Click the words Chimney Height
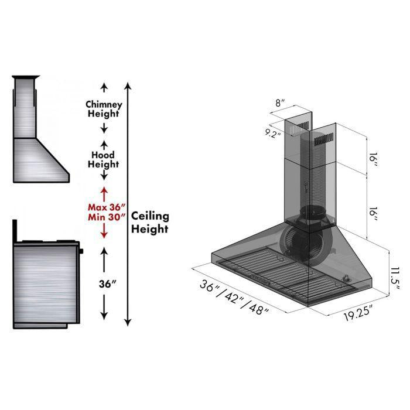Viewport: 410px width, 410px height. pyautogui.click(x=104, y=109)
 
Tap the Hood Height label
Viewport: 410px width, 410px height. pyautogui.click(x=104, y=159)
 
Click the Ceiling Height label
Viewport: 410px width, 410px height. pyautogui.click(x=150, y=223)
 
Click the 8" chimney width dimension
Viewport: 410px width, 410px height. pyautogui.click(x=280, y=104)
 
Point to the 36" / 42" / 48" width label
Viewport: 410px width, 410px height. pyautogui.click(x=234, y=297)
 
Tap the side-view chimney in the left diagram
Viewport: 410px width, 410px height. pyautogui.click(x=25, y=108)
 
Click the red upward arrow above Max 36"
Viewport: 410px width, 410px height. pyautogui.click(x=104, y=192)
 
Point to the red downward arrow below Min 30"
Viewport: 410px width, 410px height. pyautogui.click(x=104, y=233)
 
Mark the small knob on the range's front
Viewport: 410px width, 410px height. pyautogui.click(x=81, y=251)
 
